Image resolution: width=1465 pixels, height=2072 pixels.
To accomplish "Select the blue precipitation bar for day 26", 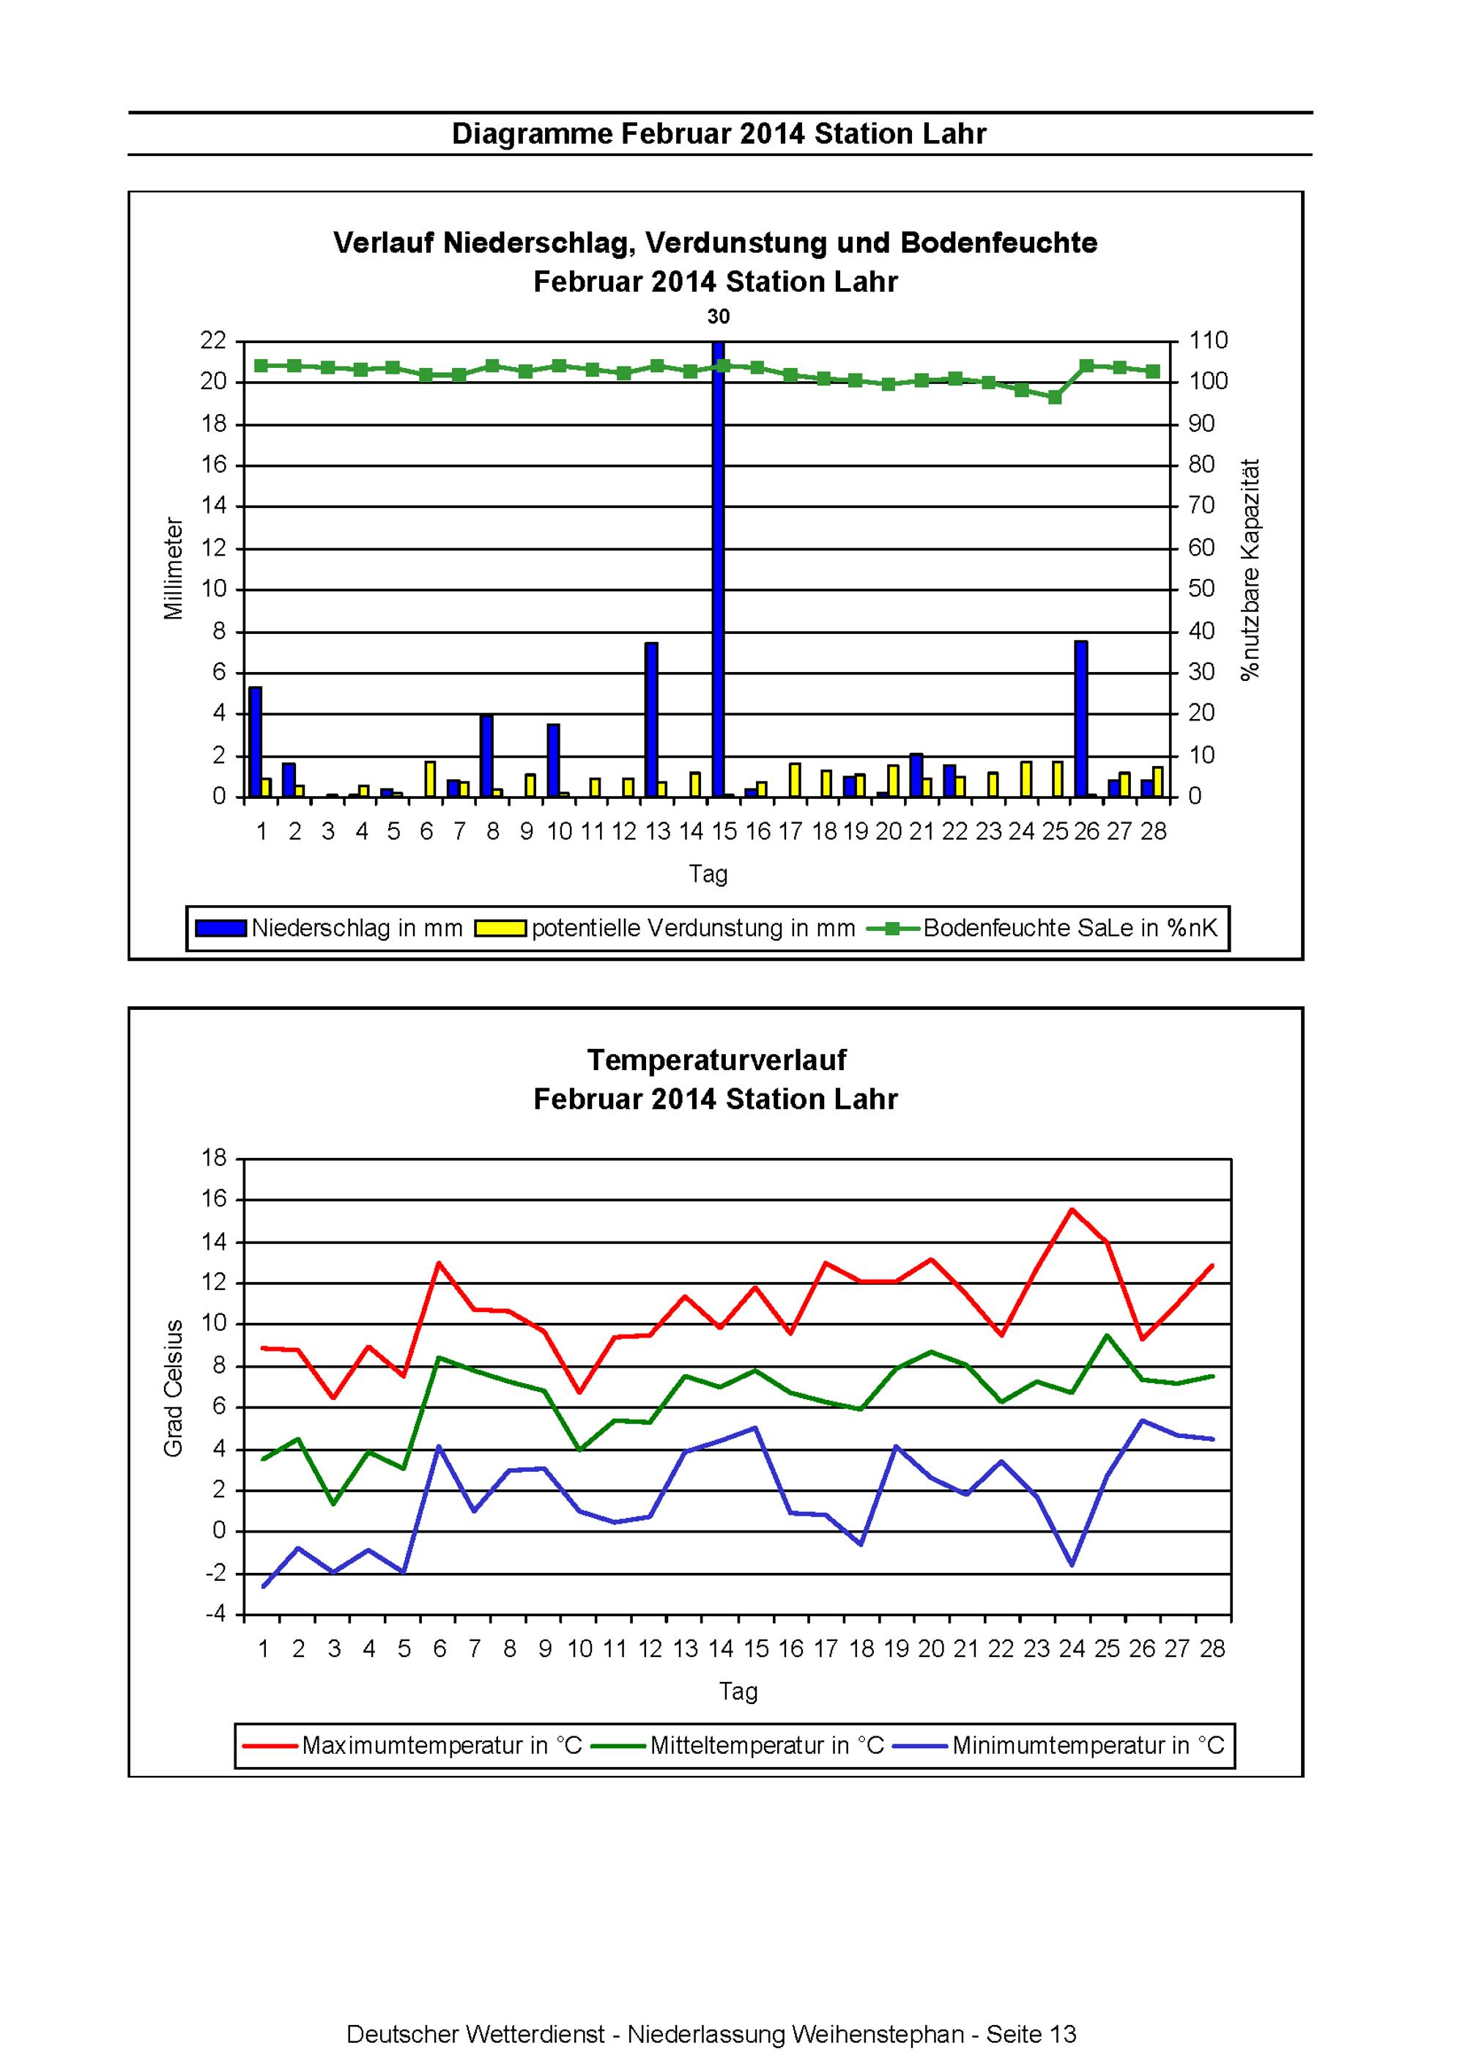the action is pos(1080,718).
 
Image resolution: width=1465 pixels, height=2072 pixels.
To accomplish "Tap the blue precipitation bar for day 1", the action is pos(256,742).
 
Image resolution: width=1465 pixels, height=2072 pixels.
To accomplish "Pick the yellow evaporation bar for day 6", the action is pos(430,779).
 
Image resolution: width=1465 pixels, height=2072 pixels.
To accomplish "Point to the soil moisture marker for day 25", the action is pos(1055,397).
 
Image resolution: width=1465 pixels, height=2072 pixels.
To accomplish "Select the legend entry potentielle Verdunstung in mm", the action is pos(666,928).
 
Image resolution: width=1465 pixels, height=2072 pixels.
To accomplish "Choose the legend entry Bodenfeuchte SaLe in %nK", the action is pos(1043,928).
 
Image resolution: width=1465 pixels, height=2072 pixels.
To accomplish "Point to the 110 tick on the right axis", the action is pos(1209,340).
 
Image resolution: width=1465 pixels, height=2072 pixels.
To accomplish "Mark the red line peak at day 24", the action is pos(1072,1209).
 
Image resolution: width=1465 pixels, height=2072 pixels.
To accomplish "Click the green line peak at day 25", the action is pos(1107,1335).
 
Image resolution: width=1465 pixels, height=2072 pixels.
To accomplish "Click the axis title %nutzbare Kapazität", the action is pos(1250,569).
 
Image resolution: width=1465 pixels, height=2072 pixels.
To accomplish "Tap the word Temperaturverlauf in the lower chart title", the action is pos(716,1060).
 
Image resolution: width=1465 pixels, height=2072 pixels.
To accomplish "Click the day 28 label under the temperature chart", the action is pos(1212,1649).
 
